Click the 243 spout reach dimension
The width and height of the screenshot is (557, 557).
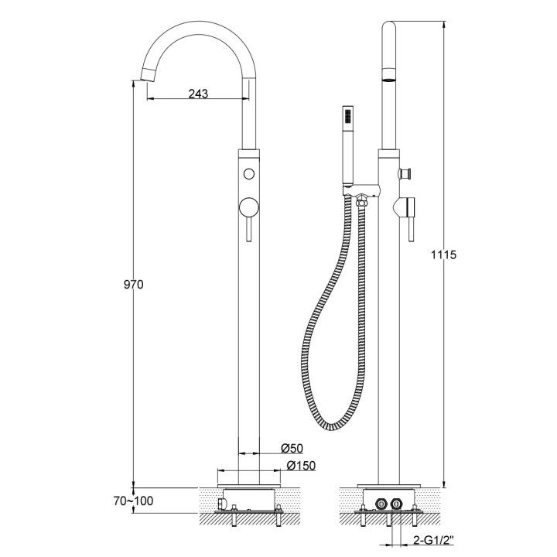tap(199, 94)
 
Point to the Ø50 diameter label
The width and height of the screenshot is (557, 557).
tap(291, 449)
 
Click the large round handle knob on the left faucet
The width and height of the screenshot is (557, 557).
tap(248, 207)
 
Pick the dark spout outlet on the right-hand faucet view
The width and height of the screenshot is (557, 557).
tap(389, 77)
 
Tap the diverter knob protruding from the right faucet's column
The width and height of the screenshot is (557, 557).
tap(404, 173)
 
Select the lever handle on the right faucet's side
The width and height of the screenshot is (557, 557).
tap(412, 224)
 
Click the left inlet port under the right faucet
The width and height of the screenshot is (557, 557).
tap(381, 504)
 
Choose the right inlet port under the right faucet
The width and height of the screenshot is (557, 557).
tap(396, 504)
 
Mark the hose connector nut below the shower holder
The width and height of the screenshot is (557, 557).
tap(361, 201)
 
